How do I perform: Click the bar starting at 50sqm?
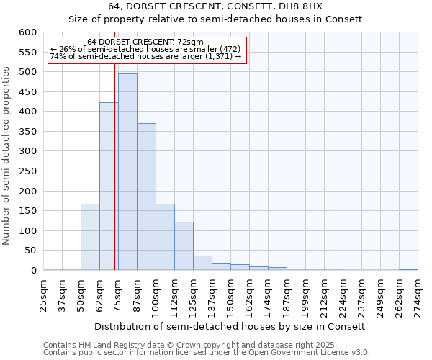90,237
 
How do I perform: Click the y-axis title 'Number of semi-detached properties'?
6,156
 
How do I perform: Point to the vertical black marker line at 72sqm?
114,166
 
